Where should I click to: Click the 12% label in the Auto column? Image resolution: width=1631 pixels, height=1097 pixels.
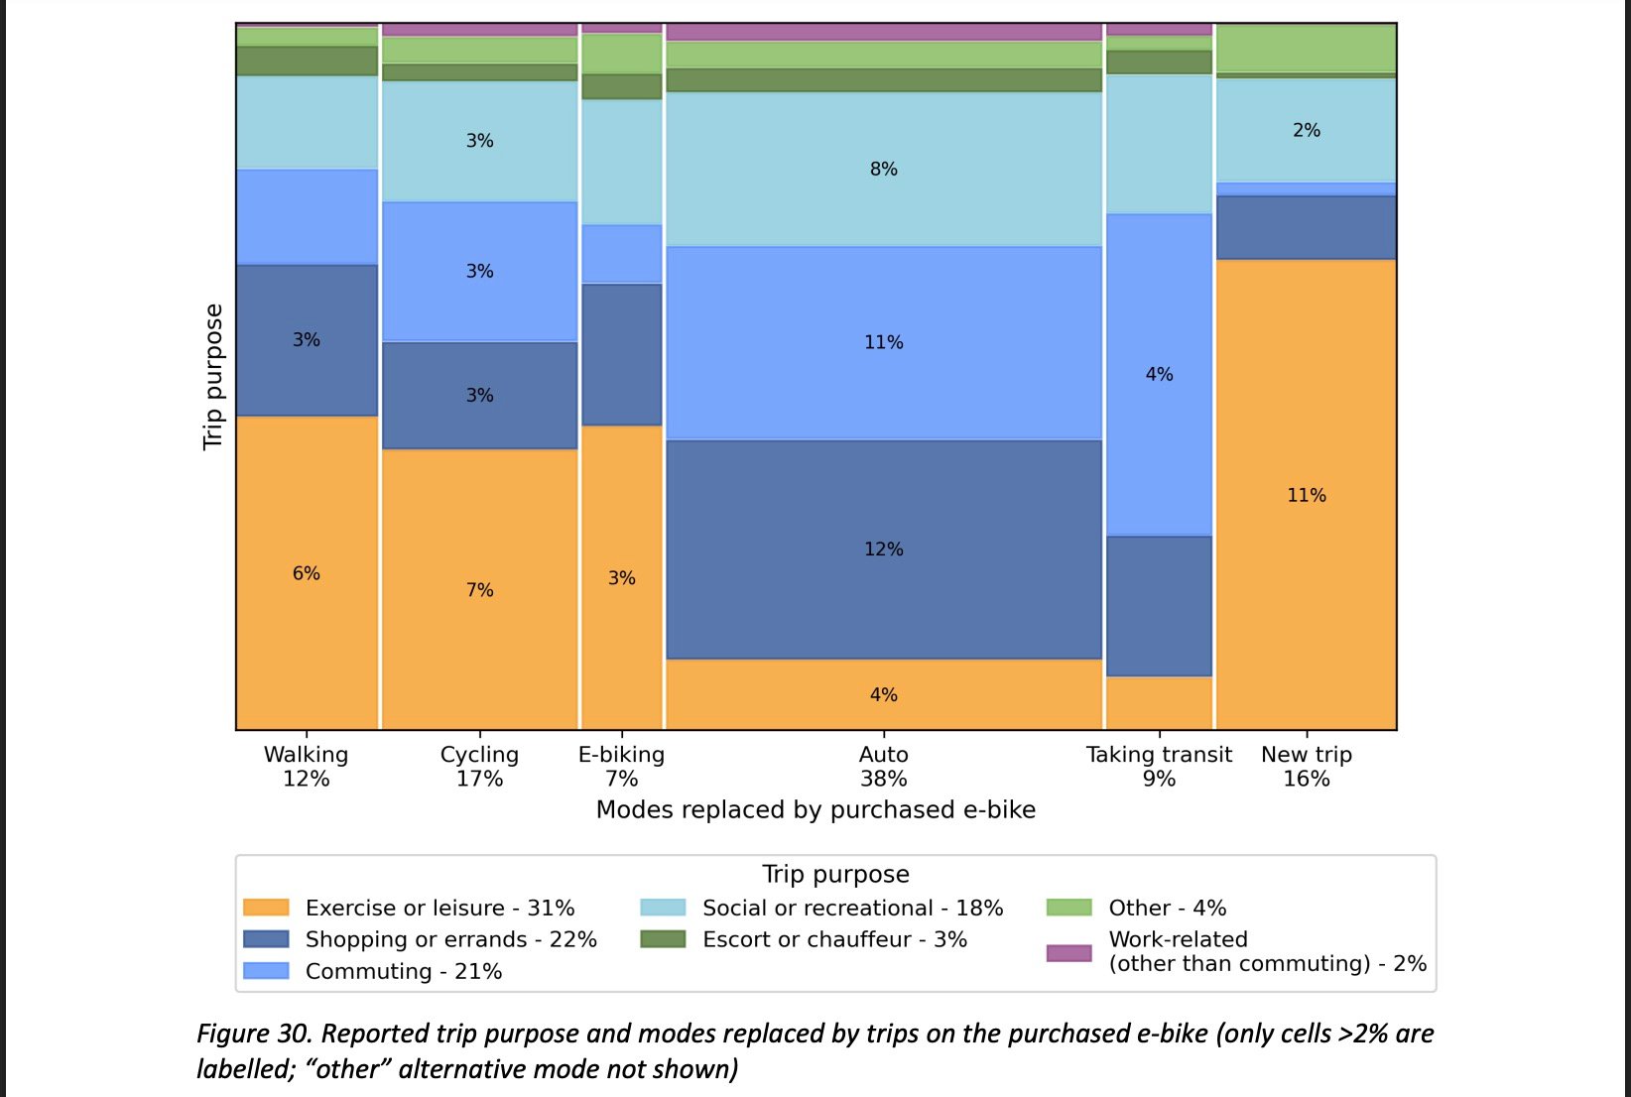pyautogui.click(x=883, y=549)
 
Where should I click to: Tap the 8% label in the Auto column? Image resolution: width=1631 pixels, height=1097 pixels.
pyautogui.click(x=883, y=170)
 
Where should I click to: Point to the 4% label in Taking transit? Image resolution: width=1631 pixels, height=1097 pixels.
pyautogui.click(x=1159, y=375)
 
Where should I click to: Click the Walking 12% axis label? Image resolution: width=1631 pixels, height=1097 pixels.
pyautogui.click(x=306, y=767)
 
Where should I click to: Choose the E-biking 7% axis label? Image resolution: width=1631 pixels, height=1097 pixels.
pyautogui.click(x=621, y=767)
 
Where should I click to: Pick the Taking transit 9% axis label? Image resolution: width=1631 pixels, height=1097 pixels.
pyautogui.click(x=1159, y=767)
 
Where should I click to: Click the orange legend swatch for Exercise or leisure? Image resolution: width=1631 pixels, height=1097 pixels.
pyautogui.click(x=266, y=908)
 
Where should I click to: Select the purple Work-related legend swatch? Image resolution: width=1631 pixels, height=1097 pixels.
pyautogui.click(x=1068, y=952)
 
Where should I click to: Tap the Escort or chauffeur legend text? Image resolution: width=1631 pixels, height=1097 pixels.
pyautogui.click(x=834, y=939)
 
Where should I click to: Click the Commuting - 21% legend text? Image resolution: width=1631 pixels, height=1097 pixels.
pyautogui.click(x=404, y=971)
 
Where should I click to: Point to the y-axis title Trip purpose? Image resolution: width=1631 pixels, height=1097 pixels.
pyautogui.click(x=213, y=377)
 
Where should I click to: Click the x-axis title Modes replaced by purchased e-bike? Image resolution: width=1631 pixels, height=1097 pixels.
pyautogui.click(x=815, y=810)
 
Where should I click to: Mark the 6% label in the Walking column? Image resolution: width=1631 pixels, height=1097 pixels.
pyautogui.click(x=306, y=574)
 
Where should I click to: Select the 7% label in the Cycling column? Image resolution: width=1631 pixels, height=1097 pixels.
pyautogui.click(x=479, y=590)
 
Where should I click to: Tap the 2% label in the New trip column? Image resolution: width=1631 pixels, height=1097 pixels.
pyautogui.click(x=1306, y=131)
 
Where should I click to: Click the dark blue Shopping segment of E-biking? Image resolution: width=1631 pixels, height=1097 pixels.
pyautogui.click(x=621, y=354)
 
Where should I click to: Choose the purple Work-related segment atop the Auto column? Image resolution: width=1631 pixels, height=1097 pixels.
pyautogui.click(x=883, y=32)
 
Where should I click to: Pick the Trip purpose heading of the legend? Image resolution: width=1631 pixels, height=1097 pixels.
pyautogui.click(x=835, y=874)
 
